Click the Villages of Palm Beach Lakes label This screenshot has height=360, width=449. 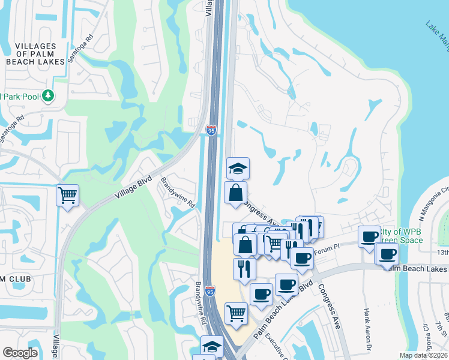tap(35, 53)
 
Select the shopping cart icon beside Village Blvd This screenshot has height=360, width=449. tap(68, 194)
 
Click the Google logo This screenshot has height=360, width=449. tap(20, 353)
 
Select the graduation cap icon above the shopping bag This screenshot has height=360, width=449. tap(238, 169)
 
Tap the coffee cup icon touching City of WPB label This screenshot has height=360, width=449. tap(369, 236)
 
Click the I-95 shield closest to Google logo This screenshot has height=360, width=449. tap(209, 291)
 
